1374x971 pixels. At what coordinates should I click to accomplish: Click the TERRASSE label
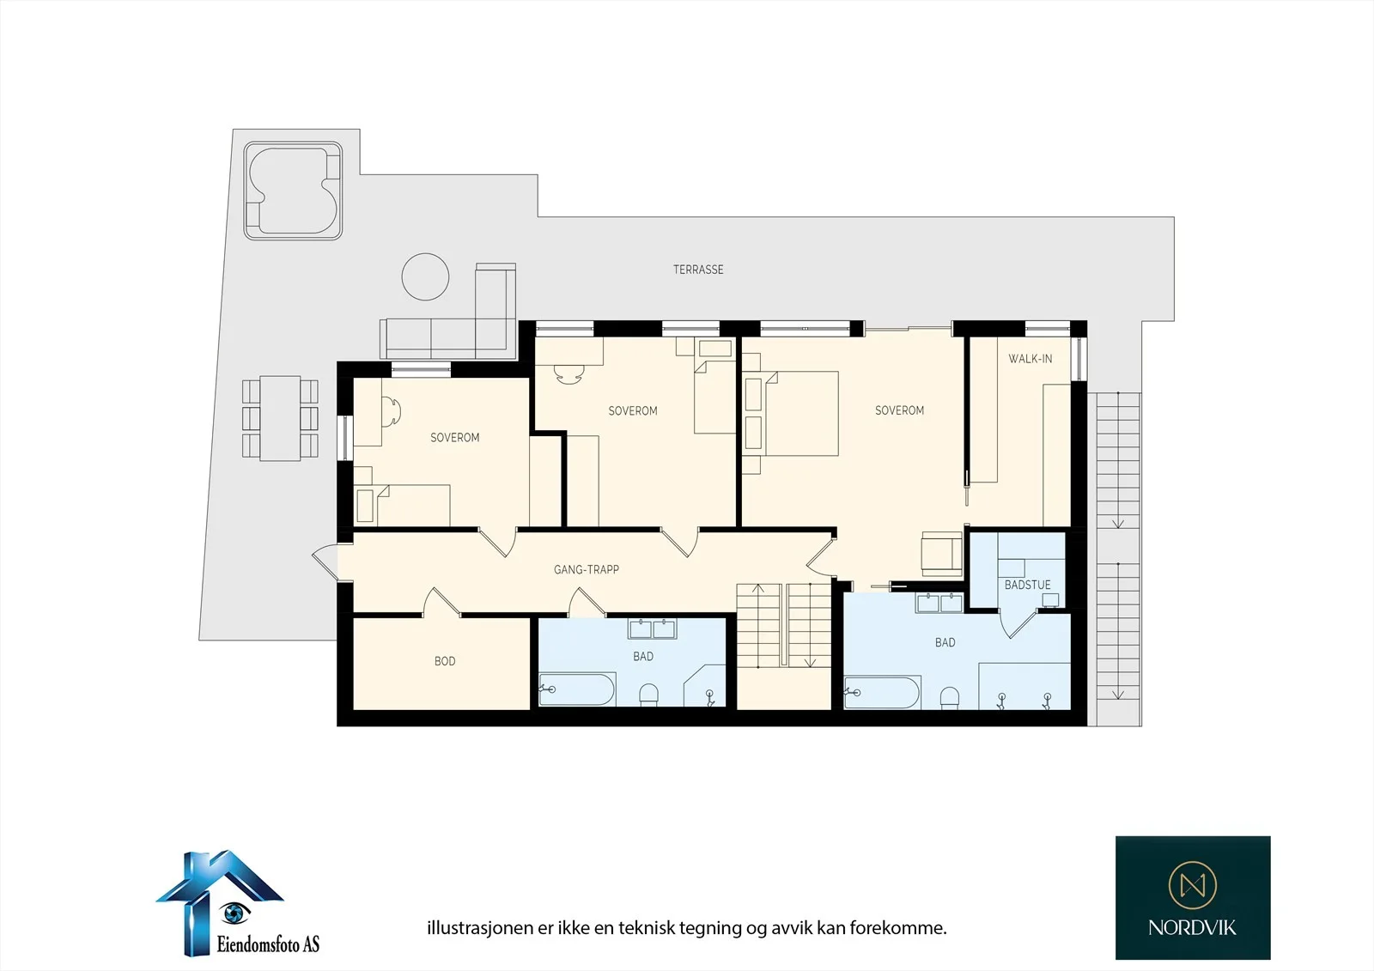(698, 270)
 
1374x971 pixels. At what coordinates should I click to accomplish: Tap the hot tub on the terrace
(293, 191)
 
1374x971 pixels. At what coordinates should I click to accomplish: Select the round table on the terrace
(425, 276)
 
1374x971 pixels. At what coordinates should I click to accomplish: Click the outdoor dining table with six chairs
(280, 418)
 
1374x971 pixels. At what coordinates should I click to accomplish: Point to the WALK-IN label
(1030, 359)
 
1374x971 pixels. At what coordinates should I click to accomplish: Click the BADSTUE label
(1027, 586)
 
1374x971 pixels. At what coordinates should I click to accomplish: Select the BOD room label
(445, 661)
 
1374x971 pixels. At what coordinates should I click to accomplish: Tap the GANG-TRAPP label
(587, 570)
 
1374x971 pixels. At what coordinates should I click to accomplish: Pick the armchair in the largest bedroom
(941, 554)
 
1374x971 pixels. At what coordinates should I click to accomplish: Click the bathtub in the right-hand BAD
(882, 693)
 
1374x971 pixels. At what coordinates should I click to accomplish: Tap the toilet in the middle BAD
(649, 695)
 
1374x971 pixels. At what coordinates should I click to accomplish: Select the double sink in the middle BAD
(652, 628)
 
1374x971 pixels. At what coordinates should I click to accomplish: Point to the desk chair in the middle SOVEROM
(568, 373)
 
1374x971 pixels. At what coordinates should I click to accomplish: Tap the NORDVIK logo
(1193, 897)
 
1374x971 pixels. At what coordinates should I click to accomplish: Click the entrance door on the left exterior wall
(325, 562)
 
